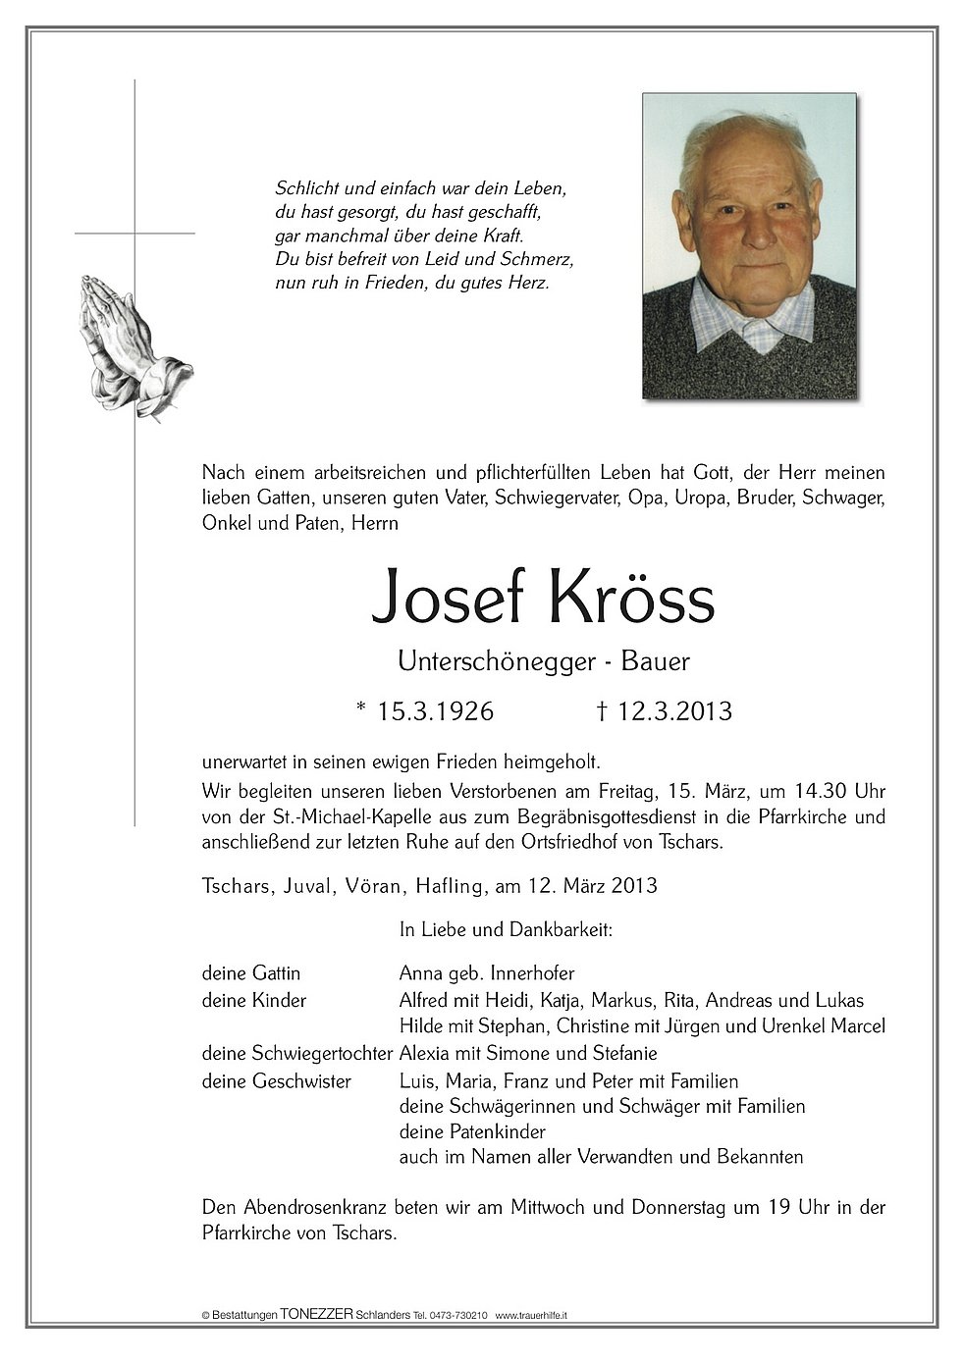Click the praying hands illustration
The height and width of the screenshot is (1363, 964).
(x=134, y=345)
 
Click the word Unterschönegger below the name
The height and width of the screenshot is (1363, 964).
(x=496, y=662)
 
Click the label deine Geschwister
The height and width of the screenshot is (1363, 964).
(x=277, y=1081)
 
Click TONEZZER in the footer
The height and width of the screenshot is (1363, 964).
(x=316, y=1314)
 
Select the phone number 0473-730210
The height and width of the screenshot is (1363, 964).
(x=459, y=1315)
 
